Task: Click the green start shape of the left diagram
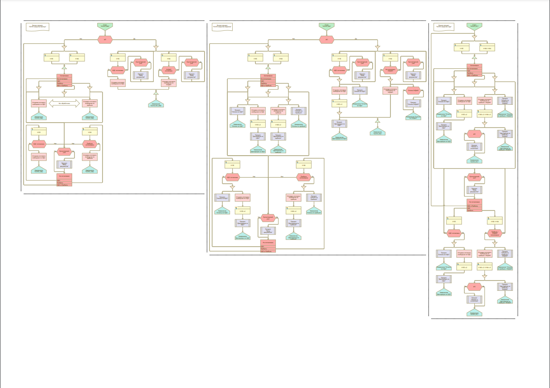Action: pos(105,26)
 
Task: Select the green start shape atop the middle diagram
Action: pos(327,26)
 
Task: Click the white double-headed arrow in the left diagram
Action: pos(64,103)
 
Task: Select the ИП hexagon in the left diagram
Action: pos(105,40)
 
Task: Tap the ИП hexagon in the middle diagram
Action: pos(327,40)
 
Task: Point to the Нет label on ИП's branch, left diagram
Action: pos(81,39)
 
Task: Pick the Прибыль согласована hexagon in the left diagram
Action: pos(90,144)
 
